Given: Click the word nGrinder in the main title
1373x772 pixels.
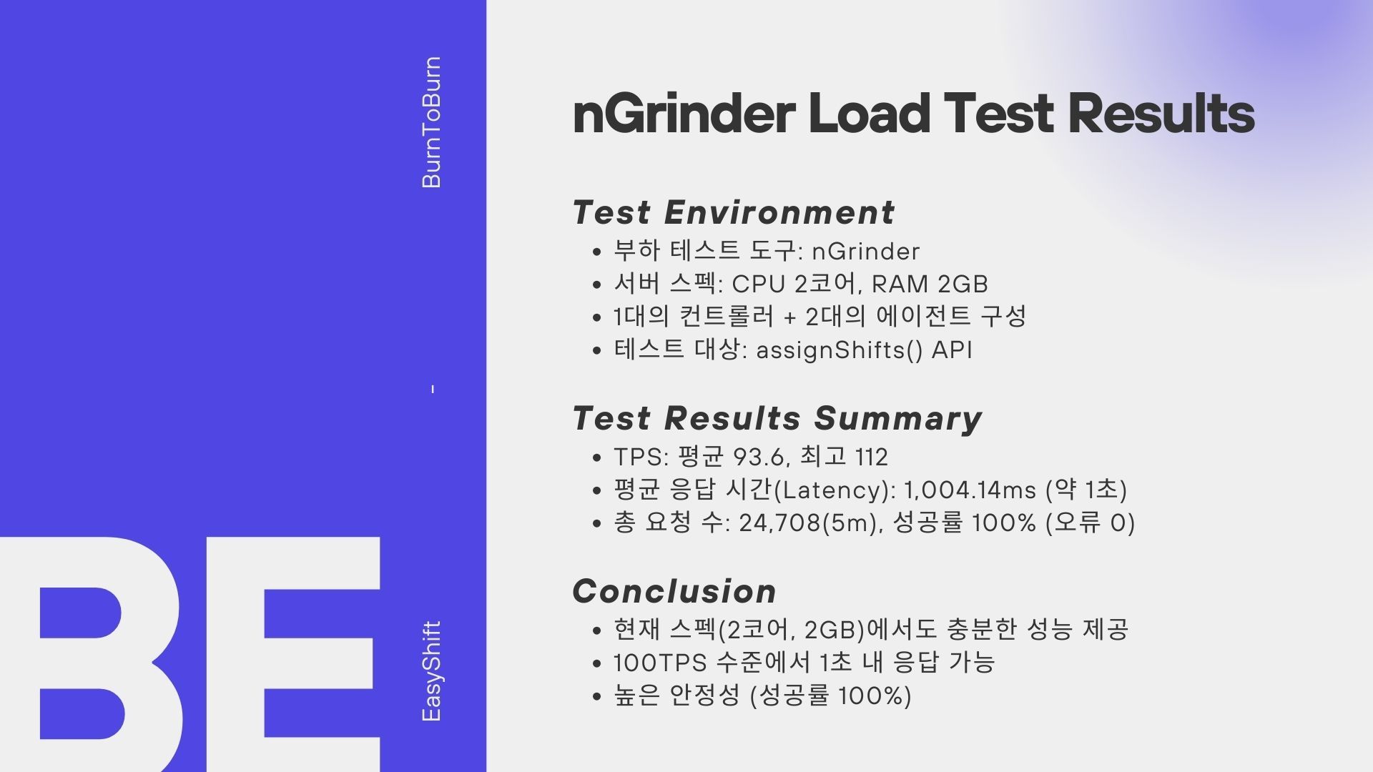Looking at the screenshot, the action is pyautogui.click(x=684, y=114).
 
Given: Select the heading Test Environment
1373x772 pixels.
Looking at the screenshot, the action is pyautogui.click(x=733, y=212).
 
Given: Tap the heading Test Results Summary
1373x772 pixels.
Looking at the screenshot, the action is pyautogui.click(x=777, y=419).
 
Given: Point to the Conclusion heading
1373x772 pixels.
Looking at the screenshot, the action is pyautogui.click(x=674, y=591).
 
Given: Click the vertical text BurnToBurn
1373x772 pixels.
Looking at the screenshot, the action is pyautogui.click(x=432, y=122).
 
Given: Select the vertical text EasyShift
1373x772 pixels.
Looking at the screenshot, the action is pyautogui.click(x=432, y=671).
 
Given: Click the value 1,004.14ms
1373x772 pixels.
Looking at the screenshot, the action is pyautogui.click(x=970, y=490).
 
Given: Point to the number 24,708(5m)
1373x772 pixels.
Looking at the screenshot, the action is pyautogui.click(x=808, y=523).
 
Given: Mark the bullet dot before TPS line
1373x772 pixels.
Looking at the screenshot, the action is pyautogui.click(x=597, y=457).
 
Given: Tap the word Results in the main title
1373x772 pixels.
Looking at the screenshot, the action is pyautogui.click(x=1161, y=114).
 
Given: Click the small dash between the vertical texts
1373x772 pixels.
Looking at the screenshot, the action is pyautogui.click(x=432, y=390).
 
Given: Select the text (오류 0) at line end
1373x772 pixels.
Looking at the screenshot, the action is pyautogui.click(x=1090, y=523).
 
